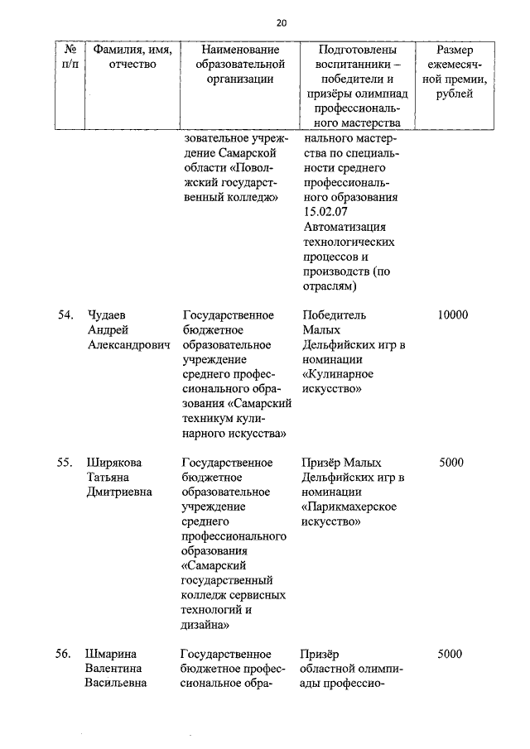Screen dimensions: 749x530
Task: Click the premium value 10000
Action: [453, 315]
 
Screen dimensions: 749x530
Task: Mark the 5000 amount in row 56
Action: [451, 655]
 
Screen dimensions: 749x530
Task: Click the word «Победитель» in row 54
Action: [334, 315]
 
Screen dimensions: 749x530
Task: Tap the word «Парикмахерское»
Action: [351, 507]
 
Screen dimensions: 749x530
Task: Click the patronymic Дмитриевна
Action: [121, 492]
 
